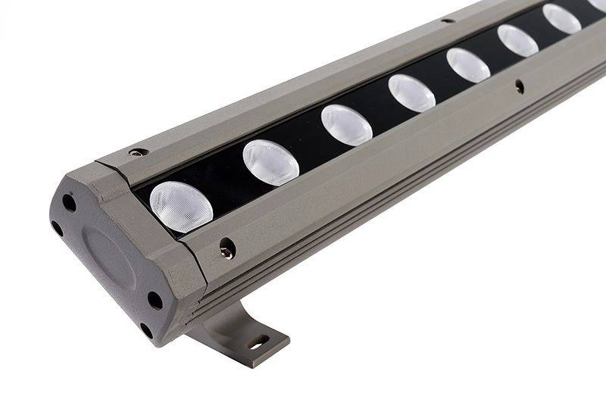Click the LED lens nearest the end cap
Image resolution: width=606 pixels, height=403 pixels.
[180, 205]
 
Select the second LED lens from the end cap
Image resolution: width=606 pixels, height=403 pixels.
[270, 162]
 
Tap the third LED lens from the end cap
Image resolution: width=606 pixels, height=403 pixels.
[346, 124]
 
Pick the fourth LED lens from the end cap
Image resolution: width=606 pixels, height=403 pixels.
[411, 92]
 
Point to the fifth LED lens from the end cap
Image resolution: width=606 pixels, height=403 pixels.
[468, 65]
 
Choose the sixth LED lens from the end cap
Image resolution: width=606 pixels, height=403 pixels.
[517, 40]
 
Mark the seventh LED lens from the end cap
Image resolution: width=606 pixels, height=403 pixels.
[561, 19]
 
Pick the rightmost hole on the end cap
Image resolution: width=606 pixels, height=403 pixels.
[155, 300]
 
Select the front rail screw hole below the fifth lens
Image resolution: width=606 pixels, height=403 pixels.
[519, 87]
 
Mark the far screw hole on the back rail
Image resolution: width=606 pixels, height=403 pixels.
[447, 20]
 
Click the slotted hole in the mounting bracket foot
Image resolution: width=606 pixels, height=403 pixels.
[259, 342]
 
